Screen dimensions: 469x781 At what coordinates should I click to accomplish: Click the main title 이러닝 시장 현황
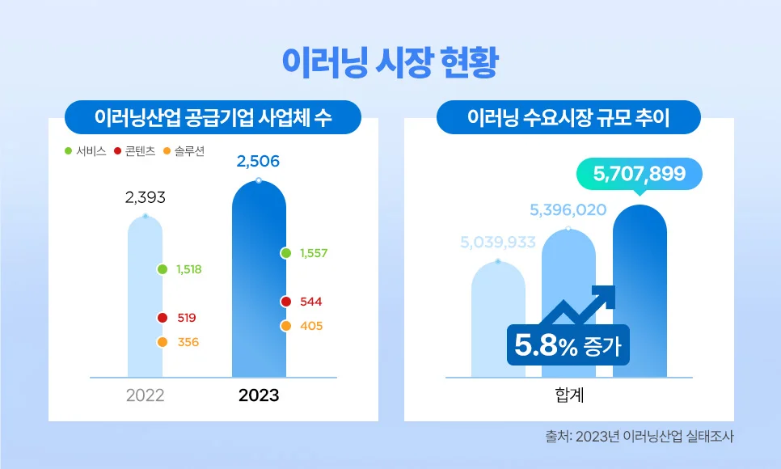(390, 62)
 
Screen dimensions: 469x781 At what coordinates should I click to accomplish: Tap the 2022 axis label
(146, 395)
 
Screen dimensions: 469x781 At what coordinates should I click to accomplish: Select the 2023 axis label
(259, 395)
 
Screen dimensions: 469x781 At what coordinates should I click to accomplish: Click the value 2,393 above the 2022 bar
(146, 196)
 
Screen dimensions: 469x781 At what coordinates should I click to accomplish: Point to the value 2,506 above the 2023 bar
(258, 162)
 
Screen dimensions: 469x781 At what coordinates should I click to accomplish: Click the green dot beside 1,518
(163, 269)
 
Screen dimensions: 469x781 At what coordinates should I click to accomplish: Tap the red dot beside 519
(163, 318)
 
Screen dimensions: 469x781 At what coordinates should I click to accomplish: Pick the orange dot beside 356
(163, 342)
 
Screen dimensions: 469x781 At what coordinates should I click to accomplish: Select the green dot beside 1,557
(285, 253)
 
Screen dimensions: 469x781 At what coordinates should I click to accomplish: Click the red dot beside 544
(285, 302)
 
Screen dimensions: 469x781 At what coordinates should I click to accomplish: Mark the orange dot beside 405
(285, 326)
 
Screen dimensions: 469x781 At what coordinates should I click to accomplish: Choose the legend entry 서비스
(86, 151)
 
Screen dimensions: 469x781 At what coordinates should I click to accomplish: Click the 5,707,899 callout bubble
(639, 173)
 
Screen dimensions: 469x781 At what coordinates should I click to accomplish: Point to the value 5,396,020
(568, 210)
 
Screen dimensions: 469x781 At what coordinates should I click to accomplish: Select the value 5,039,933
(498, 242)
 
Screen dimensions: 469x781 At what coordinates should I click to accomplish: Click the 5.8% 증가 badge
(568, 347)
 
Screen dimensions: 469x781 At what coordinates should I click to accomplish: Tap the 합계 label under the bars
(569, 395)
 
